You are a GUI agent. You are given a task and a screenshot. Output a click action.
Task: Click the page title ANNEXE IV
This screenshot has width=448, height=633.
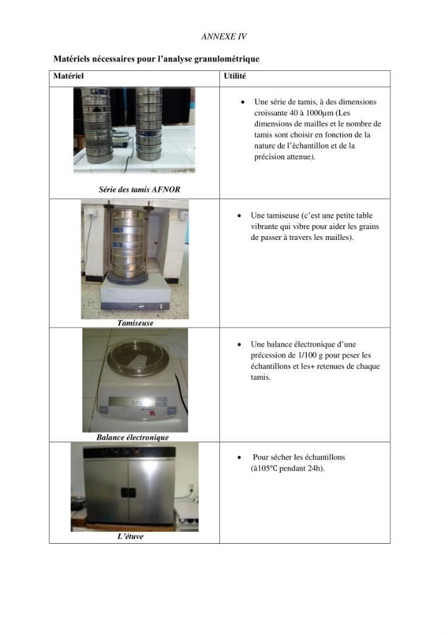[x=224, y=36]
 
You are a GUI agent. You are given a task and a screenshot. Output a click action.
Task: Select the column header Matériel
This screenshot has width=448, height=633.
[x=68, y=76]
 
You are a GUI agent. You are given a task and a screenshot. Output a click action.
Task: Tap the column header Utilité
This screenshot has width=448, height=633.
[x=234, y=76]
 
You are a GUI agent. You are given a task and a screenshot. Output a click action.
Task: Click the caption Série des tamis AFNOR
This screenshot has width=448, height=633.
[x=139, y=189]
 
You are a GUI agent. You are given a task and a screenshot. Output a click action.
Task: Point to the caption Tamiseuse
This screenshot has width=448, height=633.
[x=136, y=323]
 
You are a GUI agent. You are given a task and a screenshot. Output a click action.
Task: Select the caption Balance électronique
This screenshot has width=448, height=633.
[x=132, y=437]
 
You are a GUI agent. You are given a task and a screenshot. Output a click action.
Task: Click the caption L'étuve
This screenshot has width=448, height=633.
[x=130, y=537]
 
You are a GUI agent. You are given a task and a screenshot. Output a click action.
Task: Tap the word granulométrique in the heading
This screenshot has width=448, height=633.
[x=227, y=59]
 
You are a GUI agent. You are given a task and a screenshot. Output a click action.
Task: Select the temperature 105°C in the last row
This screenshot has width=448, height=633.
[x=266, y=468]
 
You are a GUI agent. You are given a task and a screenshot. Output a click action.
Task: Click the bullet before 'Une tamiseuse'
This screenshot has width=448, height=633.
[x=240, y=216]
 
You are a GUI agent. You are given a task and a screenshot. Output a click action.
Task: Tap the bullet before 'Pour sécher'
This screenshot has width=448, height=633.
[x=240, y=458]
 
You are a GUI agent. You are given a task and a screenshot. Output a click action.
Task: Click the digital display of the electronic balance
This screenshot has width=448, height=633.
[x=131, y=403]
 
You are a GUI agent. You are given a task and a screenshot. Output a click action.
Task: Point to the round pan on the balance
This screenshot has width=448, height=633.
[x=138, y=357]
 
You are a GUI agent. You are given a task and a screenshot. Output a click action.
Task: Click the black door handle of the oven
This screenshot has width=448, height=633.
[x=128, y=492]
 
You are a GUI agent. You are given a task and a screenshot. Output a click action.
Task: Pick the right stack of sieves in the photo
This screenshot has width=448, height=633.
[x=149, y=124]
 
